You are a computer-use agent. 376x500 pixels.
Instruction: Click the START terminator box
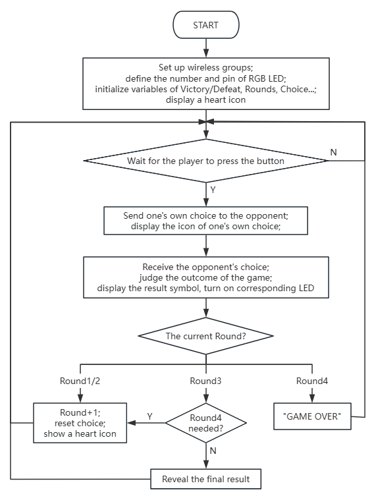206,25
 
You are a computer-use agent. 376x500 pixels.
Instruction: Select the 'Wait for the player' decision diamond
206,161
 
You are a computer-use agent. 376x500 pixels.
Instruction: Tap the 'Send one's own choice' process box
206,221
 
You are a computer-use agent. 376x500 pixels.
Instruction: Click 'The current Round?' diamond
206,336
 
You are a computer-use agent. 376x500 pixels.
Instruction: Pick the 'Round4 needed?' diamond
206,423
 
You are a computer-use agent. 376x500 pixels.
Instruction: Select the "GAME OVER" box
312,416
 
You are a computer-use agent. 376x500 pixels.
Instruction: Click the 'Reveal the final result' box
206,479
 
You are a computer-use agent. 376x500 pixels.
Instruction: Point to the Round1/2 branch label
80,381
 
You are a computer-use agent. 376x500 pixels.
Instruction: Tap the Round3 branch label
205,381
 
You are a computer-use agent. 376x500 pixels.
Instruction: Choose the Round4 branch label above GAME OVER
312,381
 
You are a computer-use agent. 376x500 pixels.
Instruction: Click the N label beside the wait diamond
334,152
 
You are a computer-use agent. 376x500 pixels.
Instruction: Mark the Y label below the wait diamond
213,190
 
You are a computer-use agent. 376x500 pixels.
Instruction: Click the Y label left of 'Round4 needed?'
149,416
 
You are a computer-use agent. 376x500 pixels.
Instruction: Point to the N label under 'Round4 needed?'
213,451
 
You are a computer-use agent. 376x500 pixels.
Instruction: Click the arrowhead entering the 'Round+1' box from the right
131,423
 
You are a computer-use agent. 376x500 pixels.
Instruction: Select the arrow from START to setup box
206,48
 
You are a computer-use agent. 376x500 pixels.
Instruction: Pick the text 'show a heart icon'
80,433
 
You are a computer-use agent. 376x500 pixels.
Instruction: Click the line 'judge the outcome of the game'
206,277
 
